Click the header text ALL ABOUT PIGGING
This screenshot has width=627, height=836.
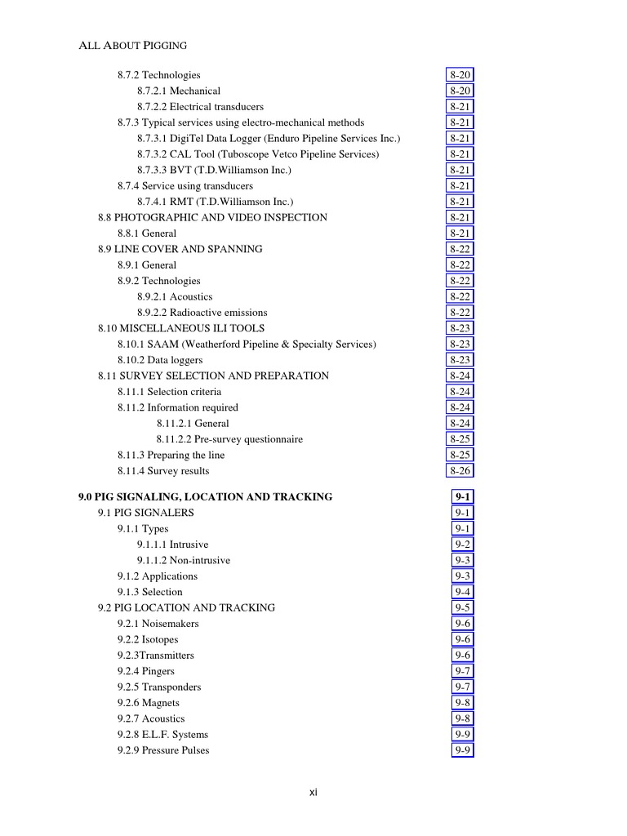point(132,46)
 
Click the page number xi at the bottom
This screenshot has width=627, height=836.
point(313,792)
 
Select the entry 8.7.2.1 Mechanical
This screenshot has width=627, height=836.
point(178,91)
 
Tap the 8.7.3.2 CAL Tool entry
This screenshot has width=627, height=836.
point(257,154)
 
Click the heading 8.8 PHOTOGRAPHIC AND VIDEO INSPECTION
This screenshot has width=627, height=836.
point(212,217)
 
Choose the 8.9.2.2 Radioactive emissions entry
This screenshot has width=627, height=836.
point(202,313)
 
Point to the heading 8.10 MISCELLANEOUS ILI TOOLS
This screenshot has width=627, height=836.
point(181,328)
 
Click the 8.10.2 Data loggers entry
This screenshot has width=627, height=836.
point(160,360)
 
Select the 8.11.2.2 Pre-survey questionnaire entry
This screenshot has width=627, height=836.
point(229,439)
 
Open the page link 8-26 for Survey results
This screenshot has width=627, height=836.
point(460,471)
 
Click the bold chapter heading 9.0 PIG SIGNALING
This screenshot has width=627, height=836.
point(205,496)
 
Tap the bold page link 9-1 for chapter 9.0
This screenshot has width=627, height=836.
point(462,496)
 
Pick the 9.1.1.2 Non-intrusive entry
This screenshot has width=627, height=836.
point(184,560)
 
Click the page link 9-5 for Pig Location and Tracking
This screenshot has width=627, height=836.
point(462,607)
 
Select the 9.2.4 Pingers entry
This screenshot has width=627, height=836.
point(146,671)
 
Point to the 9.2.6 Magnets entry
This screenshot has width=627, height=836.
point(149,703)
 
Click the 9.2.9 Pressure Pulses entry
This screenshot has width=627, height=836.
point(163,750)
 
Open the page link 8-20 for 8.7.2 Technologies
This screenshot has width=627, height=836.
point(460,75)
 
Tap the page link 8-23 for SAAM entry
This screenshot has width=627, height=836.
point(460,345)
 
